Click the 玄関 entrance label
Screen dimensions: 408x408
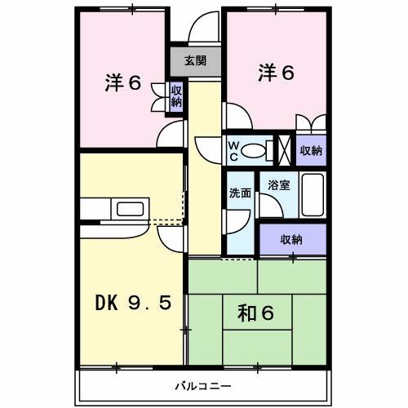coord(194,61)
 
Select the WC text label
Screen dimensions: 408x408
coord(233,151)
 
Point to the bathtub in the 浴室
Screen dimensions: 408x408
coord(313,193)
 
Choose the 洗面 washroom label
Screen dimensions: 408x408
coord(240,195)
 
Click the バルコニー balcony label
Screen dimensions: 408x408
coord(203,385)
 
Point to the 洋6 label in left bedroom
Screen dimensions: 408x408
coord(124,83)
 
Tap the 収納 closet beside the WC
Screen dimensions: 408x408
coord(310,150)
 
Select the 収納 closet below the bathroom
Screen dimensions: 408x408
coord(291,240)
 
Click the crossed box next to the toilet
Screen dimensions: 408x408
coord(285,150)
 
